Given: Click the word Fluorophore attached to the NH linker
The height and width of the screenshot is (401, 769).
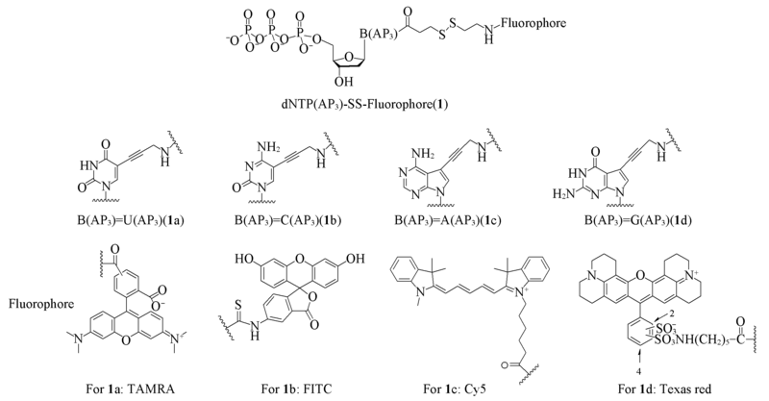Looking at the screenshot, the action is point(533,22).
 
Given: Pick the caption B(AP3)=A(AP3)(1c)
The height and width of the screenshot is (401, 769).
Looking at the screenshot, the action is point(447,220).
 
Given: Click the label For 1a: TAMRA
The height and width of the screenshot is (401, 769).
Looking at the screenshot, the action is point(131,390).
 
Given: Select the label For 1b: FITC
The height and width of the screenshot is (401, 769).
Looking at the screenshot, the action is point(297,390).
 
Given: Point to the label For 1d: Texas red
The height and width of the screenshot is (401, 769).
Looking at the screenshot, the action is point(665,390).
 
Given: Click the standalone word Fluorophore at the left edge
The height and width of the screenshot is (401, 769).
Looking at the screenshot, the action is point(41,304).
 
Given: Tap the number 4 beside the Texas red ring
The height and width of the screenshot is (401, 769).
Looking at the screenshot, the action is point(639,366).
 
